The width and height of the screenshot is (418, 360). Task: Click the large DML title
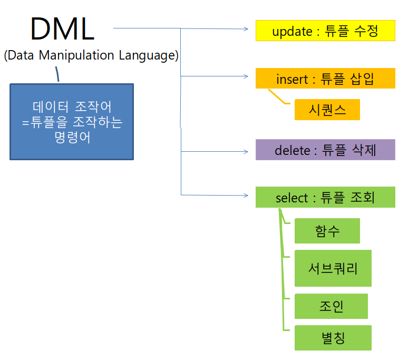tap(62, 29)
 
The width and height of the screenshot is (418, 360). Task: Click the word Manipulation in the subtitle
tap(79, 55)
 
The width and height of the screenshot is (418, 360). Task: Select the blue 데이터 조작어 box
tap(72, 121)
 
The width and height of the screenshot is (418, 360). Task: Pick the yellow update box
tap(325, 31)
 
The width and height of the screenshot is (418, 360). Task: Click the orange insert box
tap(325, 79)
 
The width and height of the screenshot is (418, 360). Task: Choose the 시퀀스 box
tap(327, 110)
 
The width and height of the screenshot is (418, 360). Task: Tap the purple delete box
tap(325, 150)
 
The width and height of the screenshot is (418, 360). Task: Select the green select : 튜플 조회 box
tap(325, 197)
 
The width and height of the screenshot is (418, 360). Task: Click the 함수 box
tap(327, 231)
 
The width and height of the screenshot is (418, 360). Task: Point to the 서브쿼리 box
tap(333, 269)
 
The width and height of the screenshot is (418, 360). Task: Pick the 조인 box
tap(331, 306)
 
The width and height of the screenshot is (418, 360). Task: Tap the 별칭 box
tap(333, 338)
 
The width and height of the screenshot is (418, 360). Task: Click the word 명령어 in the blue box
tap(72, 138)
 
